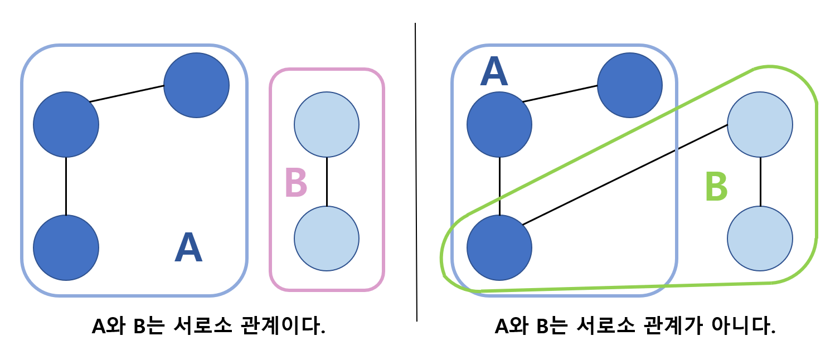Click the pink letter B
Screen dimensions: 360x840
(295, 182)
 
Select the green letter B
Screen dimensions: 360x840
(716, 187)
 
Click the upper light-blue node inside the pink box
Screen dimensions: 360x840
(327, 124)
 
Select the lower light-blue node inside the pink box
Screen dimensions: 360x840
(327, 239)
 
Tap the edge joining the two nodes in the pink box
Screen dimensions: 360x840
(327, 181)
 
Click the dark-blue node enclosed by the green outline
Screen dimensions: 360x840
(499, 247)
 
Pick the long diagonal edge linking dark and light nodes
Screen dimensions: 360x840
(624, 174)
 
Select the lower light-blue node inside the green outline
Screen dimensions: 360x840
(760, 239)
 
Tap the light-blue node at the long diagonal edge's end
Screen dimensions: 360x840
(760, 124)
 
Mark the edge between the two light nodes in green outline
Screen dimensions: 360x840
(760, 181)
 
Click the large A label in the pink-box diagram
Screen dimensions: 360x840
(188, 248)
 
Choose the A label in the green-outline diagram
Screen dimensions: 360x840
(494, 72)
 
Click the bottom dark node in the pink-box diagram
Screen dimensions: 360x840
(66, 247)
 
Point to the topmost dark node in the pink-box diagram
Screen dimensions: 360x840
(196, 85)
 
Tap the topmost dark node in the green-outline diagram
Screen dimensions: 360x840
(630, 85)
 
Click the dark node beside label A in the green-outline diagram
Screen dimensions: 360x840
(499, 124)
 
